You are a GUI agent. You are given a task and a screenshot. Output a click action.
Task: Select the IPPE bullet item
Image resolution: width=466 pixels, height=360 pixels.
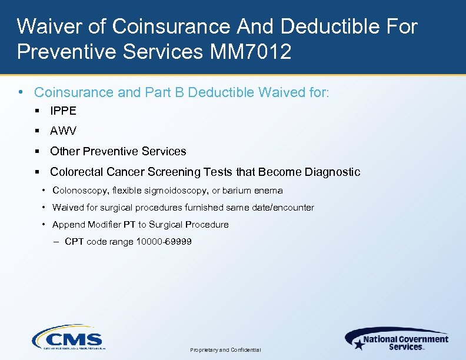(x=63, y=111)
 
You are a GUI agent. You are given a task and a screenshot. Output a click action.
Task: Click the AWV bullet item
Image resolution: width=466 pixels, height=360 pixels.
(x=63, y=131)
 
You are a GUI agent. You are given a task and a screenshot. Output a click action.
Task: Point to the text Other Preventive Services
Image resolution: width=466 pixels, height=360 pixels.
(x=118, y=151)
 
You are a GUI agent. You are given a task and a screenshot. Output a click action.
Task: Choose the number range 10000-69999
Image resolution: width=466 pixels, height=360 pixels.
(x=164, y=242)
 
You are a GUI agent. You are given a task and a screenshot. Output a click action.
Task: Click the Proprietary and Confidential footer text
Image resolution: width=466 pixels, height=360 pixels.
(x=225, y=350)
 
